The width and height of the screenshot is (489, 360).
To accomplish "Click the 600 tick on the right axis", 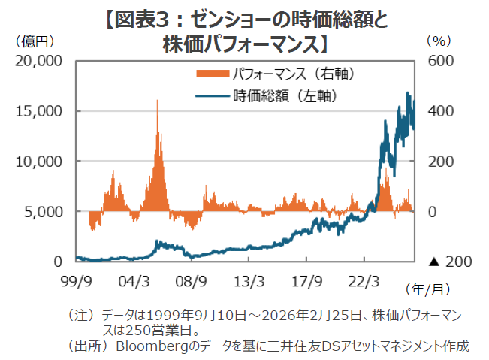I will click(439, 60).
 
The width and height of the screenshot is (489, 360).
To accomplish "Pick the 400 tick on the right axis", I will click(439, 110).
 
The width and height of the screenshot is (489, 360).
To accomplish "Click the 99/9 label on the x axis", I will click(77, 281).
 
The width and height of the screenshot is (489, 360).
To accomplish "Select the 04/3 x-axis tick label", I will click(134, 281).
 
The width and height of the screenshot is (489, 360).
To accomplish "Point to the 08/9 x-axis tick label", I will click(191, 281).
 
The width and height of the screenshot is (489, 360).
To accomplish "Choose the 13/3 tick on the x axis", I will click(248, 281).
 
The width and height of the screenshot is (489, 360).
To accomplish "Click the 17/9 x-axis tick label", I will click(305, 281).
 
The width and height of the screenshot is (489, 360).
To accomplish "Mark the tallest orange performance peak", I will click(157, 101).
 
